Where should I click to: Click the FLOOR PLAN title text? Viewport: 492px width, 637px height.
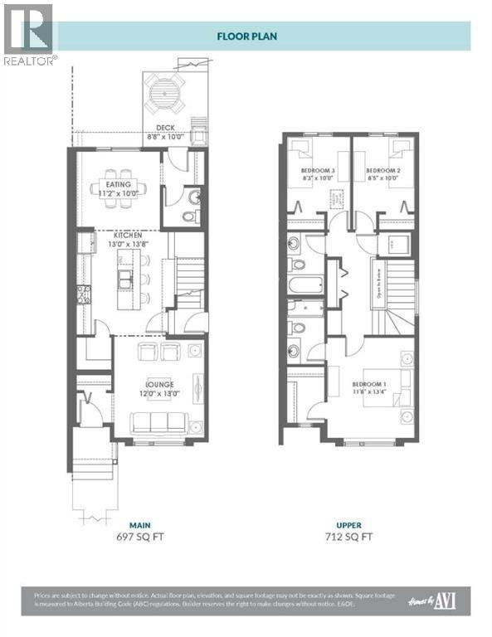click(x=246, y=36)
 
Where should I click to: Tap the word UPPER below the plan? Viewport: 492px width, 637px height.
click(x=348, y=525)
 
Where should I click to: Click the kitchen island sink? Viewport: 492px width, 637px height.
click(x=124, y=280)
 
